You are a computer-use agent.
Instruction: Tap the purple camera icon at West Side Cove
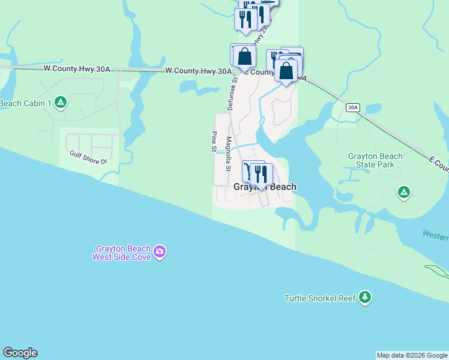pos(160,251)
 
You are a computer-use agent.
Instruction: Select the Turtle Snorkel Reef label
pos(320,298)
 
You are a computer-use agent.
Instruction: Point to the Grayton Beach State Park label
pos(375,161)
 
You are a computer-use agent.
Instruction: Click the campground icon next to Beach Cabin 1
pos(60,103)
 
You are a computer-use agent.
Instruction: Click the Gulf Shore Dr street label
pos(87,160)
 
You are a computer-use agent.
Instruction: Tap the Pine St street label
pos(214,142)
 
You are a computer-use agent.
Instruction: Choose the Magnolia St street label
pos(228,154)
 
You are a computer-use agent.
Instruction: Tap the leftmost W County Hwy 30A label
pos(77,70)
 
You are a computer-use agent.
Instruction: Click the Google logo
pos(20,353)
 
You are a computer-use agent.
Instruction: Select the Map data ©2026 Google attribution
pos(412,355)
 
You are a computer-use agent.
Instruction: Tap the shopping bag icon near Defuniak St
pos(244,57)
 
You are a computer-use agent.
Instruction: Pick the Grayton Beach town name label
pos(265,187)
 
